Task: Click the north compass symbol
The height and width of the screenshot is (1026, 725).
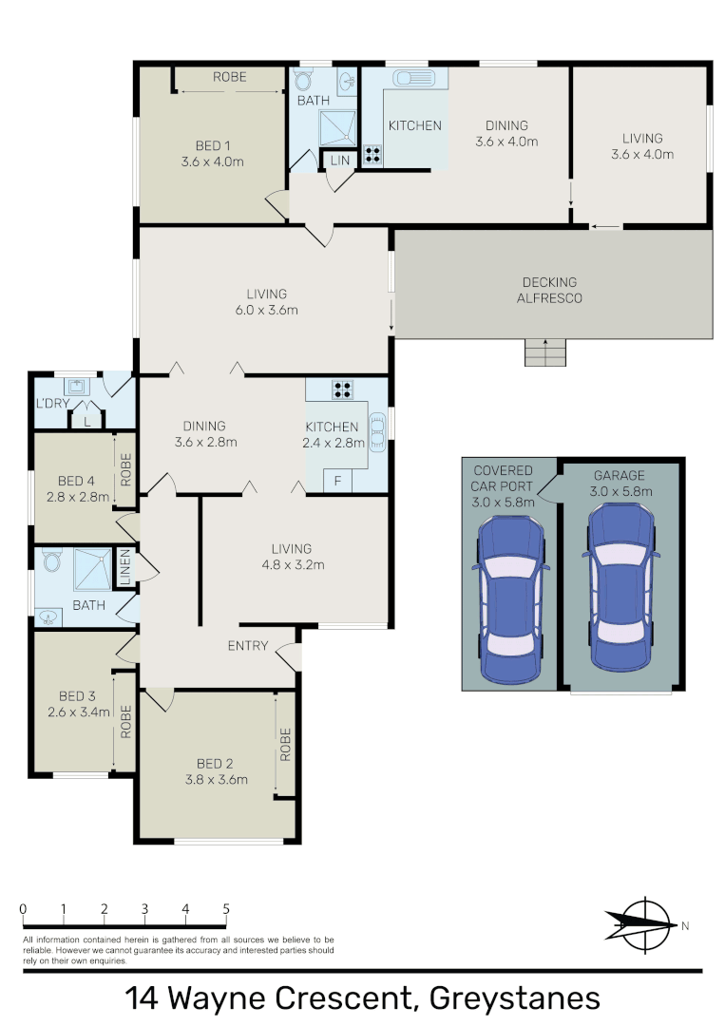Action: tap(640, 923)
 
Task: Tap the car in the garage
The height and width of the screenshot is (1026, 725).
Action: tap(620, 586)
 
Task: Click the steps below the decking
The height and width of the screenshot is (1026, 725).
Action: tap(545, 352)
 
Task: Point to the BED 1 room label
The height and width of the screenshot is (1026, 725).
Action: tap(213, 145)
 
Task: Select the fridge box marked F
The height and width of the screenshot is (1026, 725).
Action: tap(338, 482)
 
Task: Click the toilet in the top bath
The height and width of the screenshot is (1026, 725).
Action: tap(304, 79)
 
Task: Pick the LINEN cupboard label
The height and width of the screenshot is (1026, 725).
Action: tap(124, 567)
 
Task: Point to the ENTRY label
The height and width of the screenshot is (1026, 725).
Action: tap(248, 646)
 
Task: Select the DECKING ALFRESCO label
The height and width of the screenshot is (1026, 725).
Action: tap(549, 290)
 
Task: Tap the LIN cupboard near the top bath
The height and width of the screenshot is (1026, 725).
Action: tap(339, 161)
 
